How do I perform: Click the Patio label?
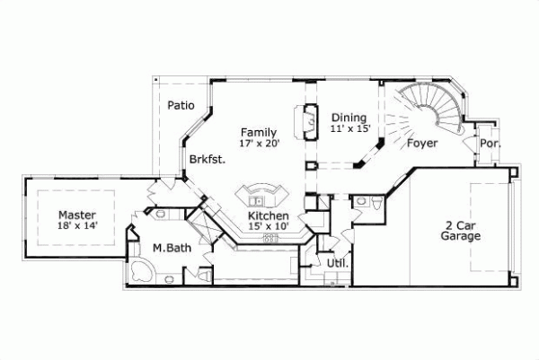point(181,105)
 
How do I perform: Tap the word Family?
point(257,132)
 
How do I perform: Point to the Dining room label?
point(349,118)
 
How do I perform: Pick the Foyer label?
point(422,143)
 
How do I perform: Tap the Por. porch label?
point(490,144)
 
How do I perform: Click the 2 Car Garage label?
point(460,231)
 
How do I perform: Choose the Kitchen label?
point(268,216)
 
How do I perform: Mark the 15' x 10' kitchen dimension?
point(268,228)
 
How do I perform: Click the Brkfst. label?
point(207,159)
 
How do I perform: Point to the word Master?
point(77,215)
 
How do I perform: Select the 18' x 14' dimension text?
point(77,226)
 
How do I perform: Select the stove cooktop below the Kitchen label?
point(267,239)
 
